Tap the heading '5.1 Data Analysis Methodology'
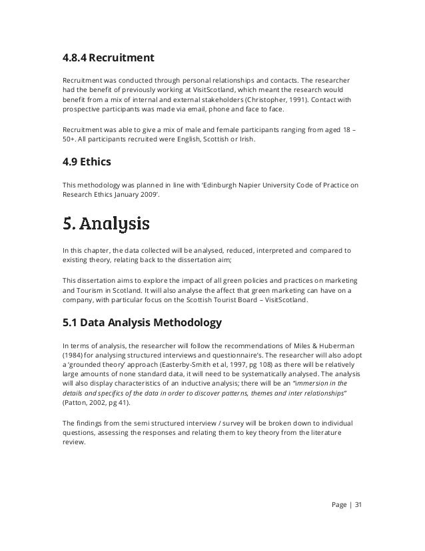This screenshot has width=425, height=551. (141, 324)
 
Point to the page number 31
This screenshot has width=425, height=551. (358, 503)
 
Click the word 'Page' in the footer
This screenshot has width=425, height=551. (339, 503)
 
